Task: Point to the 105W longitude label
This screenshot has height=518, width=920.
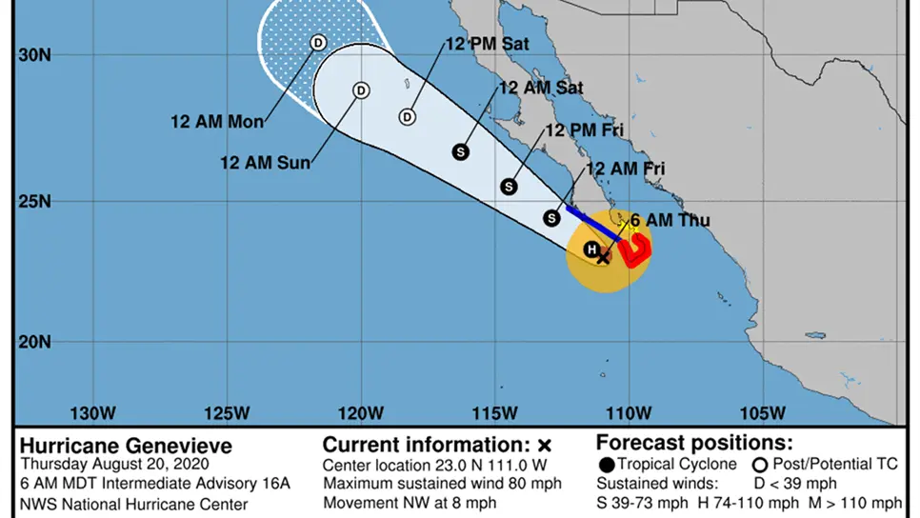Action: pyautogui.click(x=764, y=413)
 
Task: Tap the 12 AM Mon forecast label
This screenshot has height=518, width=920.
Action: pyautogui.click(x=217, y=122)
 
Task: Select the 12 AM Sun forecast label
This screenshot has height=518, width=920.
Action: pyautogui.click(x=266, y=163)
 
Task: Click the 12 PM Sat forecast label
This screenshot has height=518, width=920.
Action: pyautogui.click(x=487, y=44)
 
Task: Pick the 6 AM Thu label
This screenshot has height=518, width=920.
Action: pyautogui.click(x=670, y=220)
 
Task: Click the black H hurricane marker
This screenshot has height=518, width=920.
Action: pyautogui.click(x=590, y=249)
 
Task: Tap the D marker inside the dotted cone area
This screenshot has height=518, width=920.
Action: pyautogui.click(x=318, y=42)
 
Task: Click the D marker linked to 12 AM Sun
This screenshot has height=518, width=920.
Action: pyautogui.click(x=361, y=90)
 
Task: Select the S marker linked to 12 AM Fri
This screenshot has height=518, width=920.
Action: pyautogui.click(x=551, y=218)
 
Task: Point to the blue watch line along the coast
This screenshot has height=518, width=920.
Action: pyautogui.click(x=592, y=222)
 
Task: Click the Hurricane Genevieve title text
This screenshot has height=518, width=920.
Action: pyautogui.click(x=126, y=446)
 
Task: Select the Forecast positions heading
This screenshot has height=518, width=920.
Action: pyautogui.click(x=693, y=444)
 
